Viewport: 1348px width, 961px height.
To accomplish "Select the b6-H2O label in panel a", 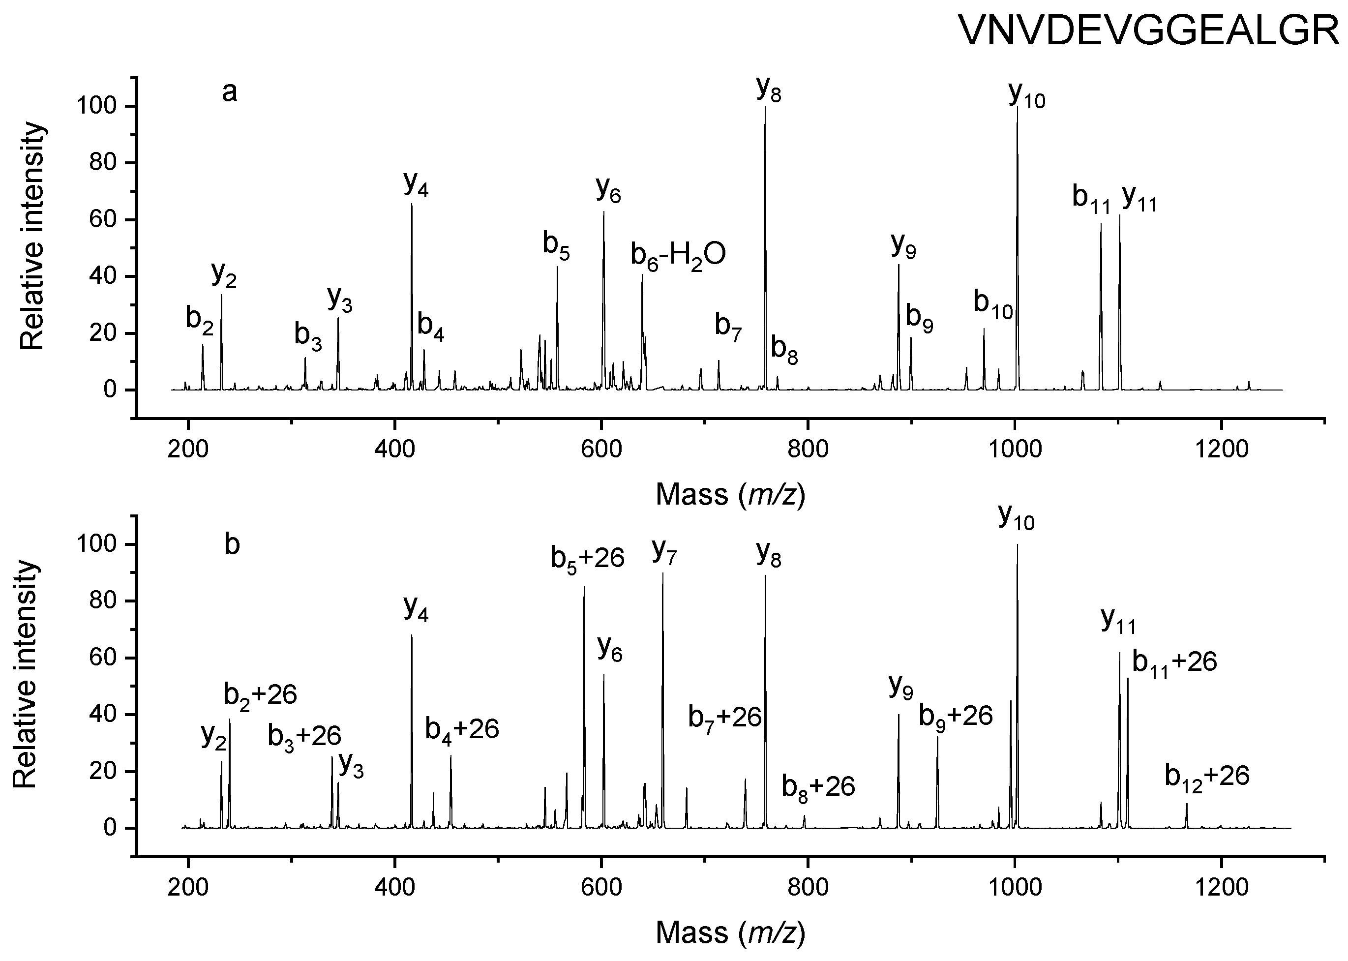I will pyautogui.click(x=678, y=256).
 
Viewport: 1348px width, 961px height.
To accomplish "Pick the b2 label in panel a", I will pyautogui.click(x=199, y=320).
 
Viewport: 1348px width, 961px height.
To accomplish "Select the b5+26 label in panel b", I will pyautogui.click(x=587, y=558).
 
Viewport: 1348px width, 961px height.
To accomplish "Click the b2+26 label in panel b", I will pyautogui.click(x=260, y=695).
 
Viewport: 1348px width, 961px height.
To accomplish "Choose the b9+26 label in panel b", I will pyautogui.click(x=955, y=717).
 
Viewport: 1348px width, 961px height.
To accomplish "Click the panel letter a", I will pyautogui.click(x=230, y=92).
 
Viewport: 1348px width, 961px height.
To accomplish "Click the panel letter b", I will pyautogui.click(x=232, y=545).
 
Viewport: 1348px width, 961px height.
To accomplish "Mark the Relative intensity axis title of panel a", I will pyautogui.click(x=32, y=237).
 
